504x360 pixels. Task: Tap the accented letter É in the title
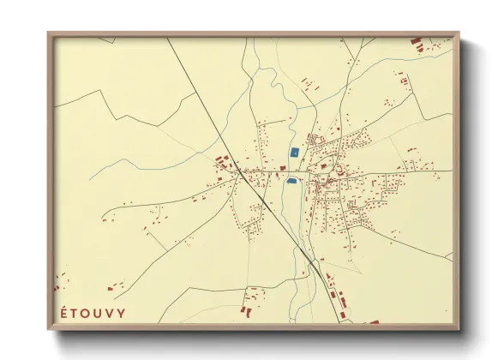coord(62,313)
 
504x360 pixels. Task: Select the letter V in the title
coord(110,313)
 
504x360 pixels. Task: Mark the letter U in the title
coord(98,313)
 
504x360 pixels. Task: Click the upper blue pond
coord(294,152)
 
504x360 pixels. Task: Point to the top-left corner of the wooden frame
coord(49,33)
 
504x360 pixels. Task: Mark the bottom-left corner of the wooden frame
coord(49,328)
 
